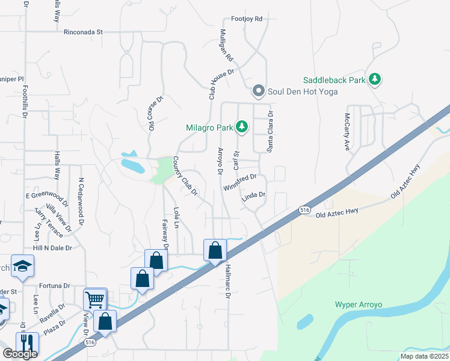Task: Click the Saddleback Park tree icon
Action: click(x=375, y=79)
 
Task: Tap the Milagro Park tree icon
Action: click(x=241, y=127)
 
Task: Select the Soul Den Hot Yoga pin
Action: click(x=259, y=91)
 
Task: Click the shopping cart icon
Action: click(x=95, y=299)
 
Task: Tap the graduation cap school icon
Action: click(x=22, y=266)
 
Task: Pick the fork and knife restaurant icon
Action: click(x=27, y=343)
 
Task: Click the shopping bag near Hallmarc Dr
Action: click(x=215, y=250)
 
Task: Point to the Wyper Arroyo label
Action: click(x=359, y=305)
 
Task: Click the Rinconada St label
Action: click(x=84, y=32)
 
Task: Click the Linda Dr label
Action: click(x=253, y=195)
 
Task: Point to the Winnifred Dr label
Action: click(x=240, y=182)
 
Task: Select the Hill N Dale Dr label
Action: click(x=52, y=247)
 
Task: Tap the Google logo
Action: click(x=20, y=354)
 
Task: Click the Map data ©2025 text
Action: click(x=424, y=356)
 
